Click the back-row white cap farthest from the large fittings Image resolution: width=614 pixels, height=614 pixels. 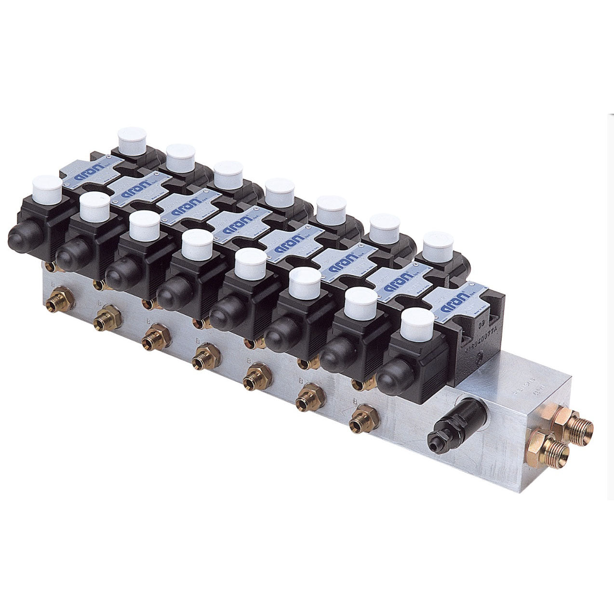pos(133,141)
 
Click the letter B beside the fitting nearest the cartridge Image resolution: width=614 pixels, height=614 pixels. pos(355,401)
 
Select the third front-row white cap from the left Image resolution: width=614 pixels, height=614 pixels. pos(144,226)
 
